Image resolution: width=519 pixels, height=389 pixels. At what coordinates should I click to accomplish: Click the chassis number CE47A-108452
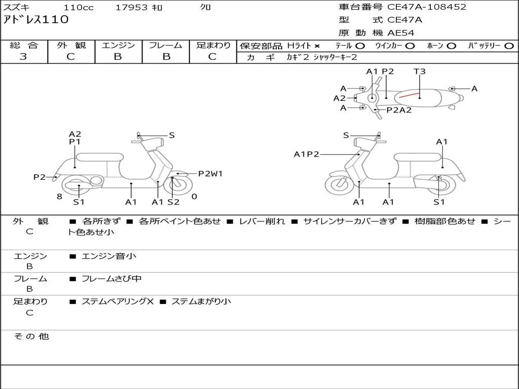click(x=427, y=7)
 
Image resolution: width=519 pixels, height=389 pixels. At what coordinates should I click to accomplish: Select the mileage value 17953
click(x=132, y=8)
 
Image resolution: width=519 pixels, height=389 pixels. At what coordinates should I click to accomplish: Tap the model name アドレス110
click(x=35, y=20)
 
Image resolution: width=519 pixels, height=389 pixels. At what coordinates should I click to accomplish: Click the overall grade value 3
click(x=23, y=57)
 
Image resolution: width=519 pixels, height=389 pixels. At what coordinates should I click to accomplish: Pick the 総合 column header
click(x=23, y=45)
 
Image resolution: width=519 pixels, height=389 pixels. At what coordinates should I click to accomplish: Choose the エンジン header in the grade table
click(x=118, y=45)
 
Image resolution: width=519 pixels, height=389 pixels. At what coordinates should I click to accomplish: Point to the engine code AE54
click(x=401, y=33)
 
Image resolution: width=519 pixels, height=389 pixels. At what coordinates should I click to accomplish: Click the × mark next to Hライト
click(x=317, y=46)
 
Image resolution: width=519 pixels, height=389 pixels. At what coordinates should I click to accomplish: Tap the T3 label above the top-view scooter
click(x=420, y=71)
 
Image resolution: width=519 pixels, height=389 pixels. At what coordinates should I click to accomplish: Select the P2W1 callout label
click(x=210, y=174)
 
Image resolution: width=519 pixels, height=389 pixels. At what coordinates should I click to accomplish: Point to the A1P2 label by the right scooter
click(x=306, y=154)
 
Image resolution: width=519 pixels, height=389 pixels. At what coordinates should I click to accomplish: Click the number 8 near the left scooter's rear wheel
click(x=59, y=197)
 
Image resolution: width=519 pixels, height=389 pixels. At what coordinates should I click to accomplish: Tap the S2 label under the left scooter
click(x=173, y=202)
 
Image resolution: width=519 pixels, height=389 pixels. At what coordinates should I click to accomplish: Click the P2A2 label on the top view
click(x=399, y=110)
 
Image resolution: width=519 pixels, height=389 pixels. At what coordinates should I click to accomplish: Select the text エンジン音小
click(x=109, y=256)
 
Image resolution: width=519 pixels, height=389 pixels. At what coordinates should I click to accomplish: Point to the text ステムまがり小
click(x=201, y=301)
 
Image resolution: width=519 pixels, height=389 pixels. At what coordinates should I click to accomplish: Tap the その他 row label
click(x=31, y=336)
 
